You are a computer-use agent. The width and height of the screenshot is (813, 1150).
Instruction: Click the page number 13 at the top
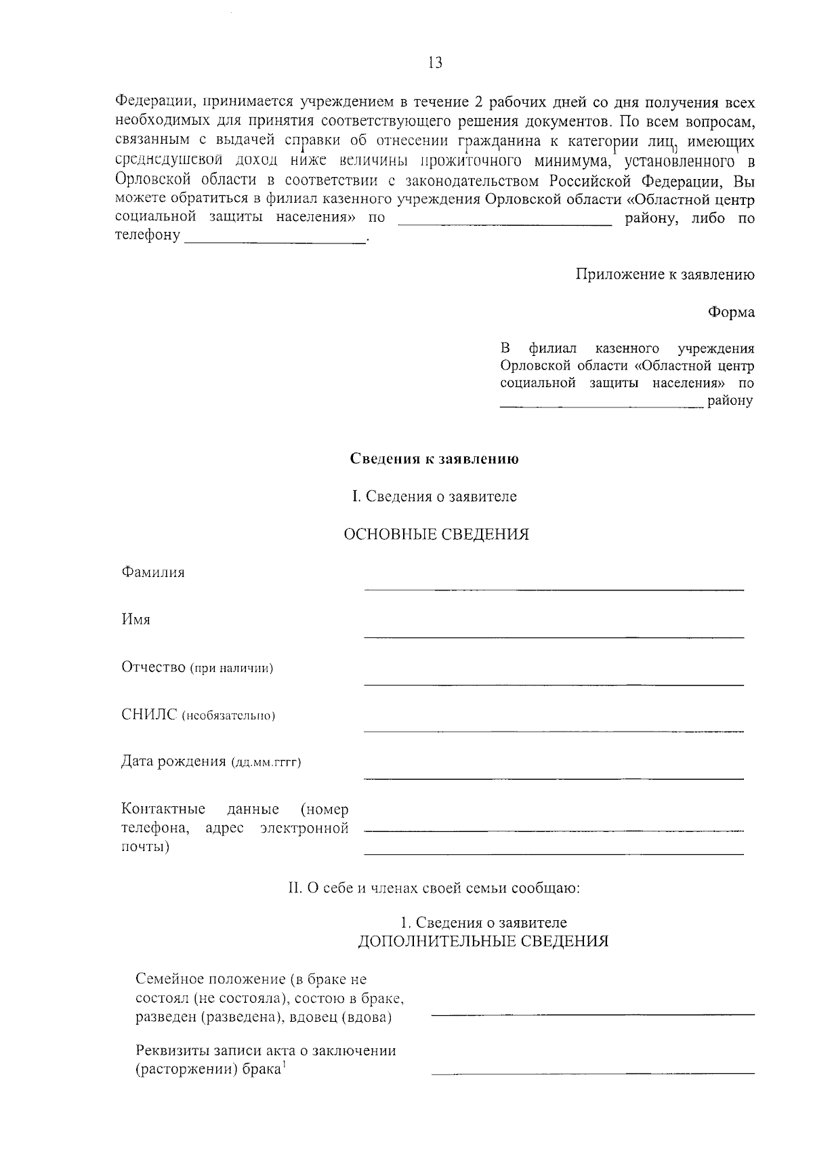click(x=435, y=63)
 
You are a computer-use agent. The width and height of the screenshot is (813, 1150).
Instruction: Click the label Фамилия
click(x=153, y=572)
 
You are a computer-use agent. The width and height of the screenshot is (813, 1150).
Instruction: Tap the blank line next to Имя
click(x=554, y=636)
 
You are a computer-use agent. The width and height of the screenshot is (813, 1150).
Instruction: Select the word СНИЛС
click(x=149, y=715)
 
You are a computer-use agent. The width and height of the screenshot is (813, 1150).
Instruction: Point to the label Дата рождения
click(x=173, y=761)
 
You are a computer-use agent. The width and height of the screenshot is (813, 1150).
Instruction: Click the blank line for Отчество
click(x=554, y=683)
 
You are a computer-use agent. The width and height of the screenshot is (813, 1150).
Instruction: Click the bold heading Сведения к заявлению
click(x=434, y=459)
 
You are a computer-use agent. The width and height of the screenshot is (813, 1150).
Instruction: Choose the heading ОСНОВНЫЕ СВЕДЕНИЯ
click(x=436, y=534)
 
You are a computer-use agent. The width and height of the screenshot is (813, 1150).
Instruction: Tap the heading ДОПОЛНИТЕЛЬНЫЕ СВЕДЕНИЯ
click(x=483, y=941)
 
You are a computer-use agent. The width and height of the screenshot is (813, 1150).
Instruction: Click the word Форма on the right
click(x=731, y=313)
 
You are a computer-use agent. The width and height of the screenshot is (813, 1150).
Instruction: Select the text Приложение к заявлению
click(x=665, y=275)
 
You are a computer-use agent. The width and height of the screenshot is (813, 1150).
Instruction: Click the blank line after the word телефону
click(x=275, y=240)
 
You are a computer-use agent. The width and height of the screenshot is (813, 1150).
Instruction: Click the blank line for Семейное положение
click(x=593, y=1014)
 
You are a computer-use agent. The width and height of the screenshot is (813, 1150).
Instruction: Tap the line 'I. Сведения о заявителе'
click(x=434, y=496)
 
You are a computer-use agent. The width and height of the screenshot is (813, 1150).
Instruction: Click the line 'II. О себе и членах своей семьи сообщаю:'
click(x=434, y=888)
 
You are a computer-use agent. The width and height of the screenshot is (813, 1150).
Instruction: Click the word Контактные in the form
click(x=163, y=810)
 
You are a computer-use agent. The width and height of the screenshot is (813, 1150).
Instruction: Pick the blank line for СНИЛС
click(x=554, y=731)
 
